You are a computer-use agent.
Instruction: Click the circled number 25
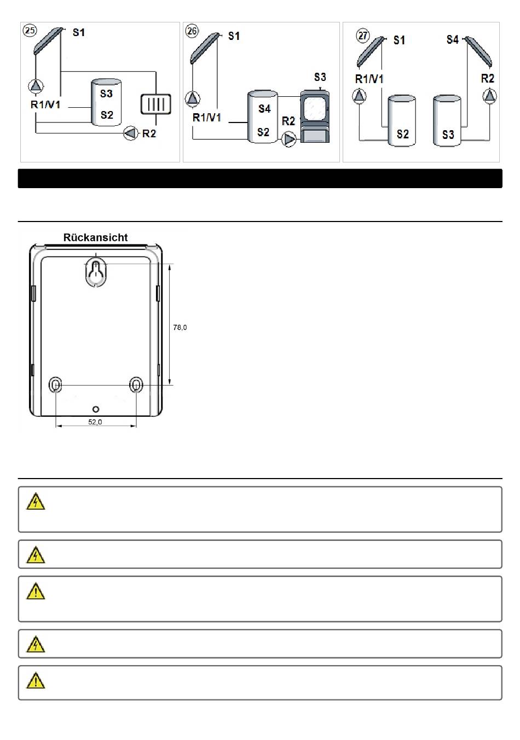pos(30,31)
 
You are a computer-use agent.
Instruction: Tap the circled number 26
pos(192,31)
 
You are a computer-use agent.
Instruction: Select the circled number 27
pos(363,36)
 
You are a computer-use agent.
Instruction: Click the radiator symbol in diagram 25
pos(155,104)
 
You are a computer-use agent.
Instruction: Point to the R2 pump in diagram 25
pos(131,133)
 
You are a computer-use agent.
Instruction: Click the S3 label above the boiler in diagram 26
pos(320,77)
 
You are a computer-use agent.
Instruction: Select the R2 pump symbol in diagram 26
pos(289,139)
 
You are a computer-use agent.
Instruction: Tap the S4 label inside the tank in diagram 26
pos(264,109)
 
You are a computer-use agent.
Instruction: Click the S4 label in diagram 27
pos(453,39)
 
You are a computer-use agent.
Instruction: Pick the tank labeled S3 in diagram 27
pos(447,120)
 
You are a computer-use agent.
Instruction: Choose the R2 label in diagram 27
pos(488,79)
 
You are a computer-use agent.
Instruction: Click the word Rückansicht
pos(96,237)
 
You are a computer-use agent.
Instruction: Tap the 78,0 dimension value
pos(180,327)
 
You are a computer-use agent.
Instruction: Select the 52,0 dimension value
pos(95,422)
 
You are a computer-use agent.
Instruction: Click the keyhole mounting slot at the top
pos(96,272)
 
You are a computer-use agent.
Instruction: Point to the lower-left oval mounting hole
pos(55,385)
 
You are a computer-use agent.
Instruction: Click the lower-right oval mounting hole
pos(136,384)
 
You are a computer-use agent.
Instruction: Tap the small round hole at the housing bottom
pos(96,409)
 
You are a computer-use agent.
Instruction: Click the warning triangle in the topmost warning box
pos(36,501)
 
